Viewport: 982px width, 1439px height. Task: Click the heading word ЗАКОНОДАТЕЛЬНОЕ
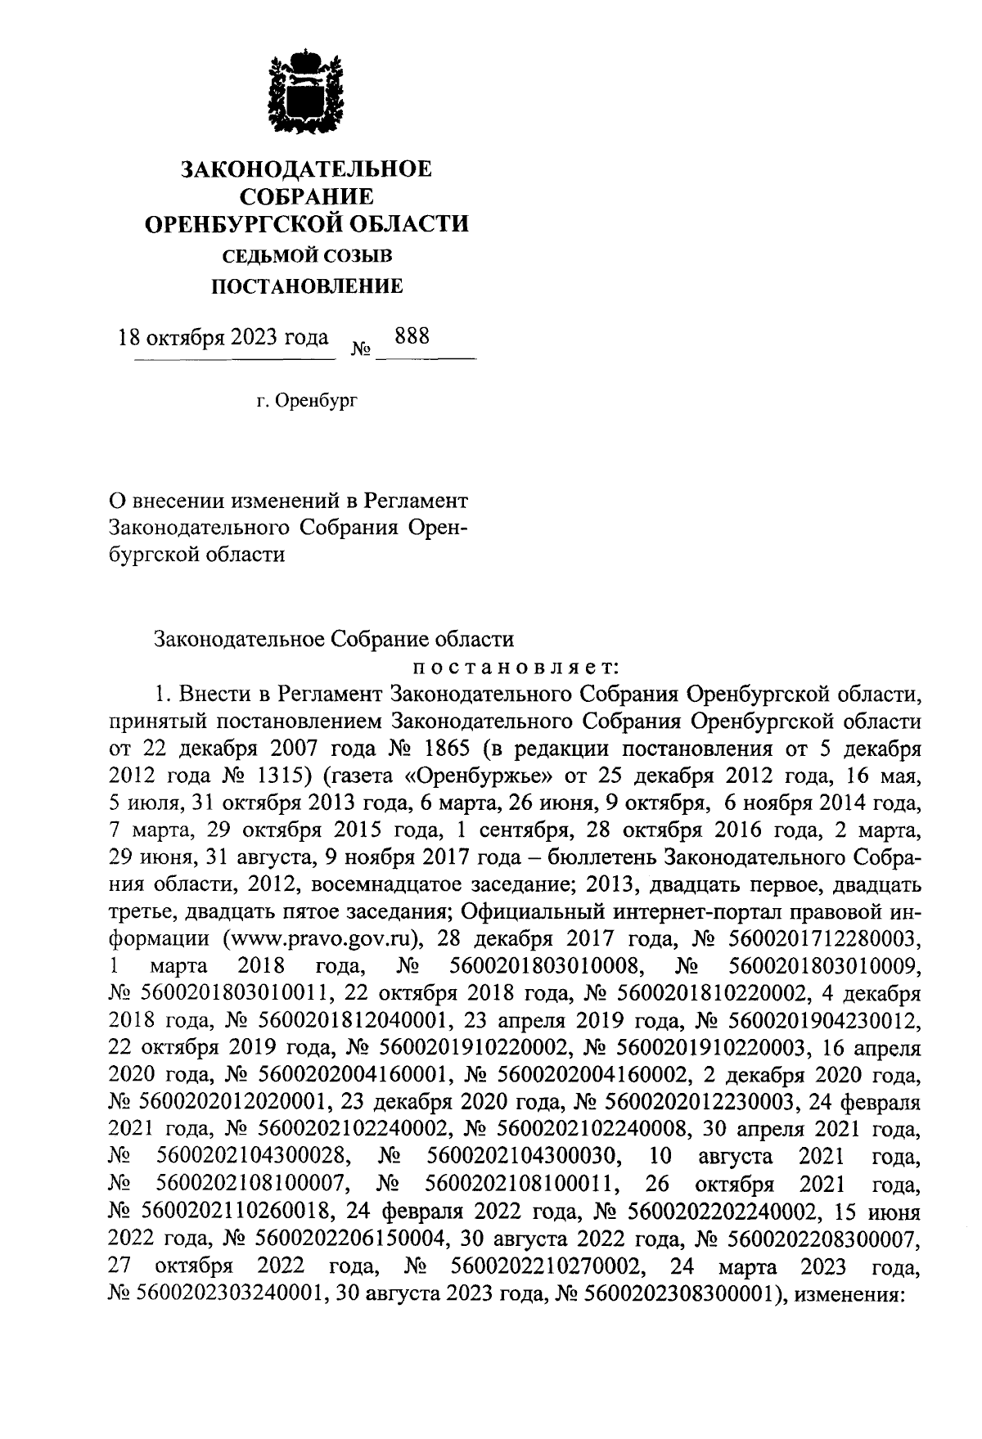point(306,169)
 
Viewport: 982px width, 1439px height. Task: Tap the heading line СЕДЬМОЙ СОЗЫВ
point(308,256)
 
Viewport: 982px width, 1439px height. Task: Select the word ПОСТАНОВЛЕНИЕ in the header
point(308,286)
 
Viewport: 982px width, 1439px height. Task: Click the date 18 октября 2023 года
point(224,338)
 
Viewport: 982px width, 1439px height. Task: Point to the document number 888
point(412,336)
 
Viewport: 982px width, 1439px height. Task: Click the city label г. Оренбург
point(308,402)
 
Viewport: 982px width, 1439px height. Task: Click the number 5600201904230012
point(829,1021)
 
